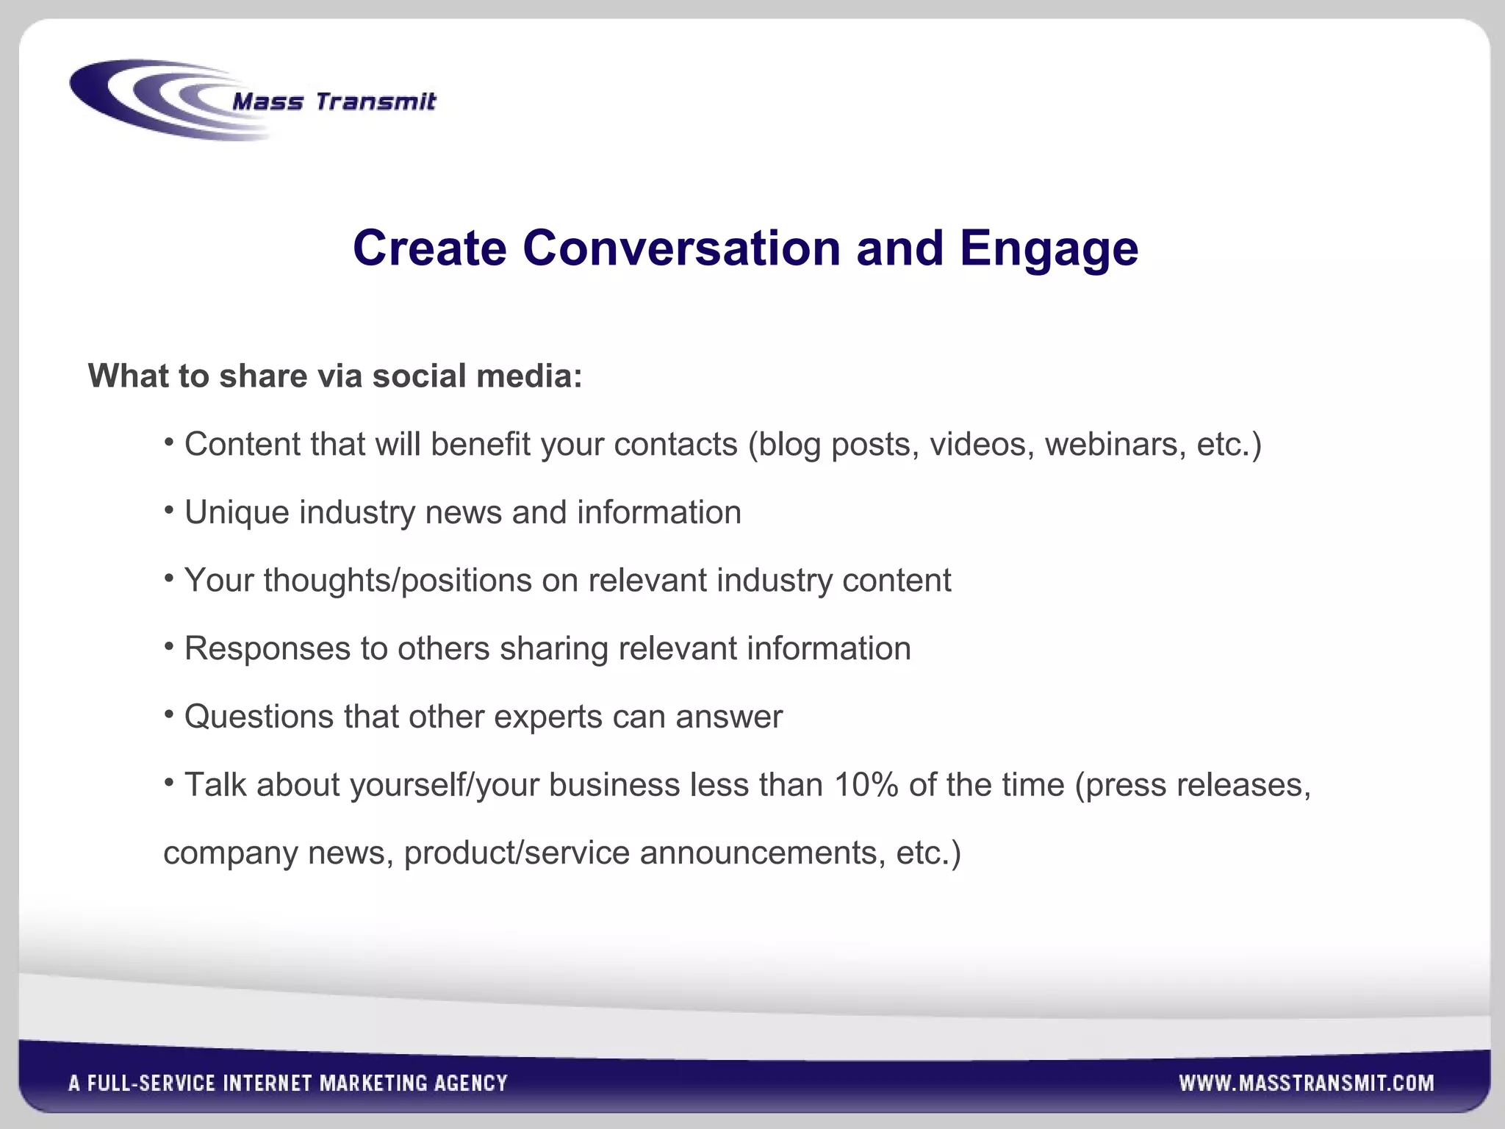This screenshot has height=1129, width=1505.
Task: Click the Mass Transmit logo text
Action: [334, 101]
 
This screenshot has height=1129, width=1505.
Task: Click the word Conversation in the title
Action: [681, 248]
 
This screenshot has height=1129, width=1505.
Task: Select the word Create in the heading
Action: [429, 248]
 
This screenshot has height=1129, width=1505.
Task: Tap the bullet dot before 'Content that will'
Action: [169, 442]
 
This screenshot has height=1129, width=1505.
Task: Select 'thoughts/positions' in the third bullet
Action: [398, 581]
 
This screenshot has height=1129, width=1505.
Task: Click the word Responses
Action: [267, 649]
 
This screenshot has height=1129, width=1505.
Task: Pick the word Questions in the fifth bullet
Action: [259, 717]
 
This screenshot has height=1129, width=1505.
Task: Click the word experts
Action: [548, 717]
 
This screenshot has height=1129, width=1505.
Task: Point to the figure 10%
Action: [866, 785]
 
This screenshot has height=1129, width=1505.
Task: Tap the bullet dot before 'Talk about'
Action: [169, 782]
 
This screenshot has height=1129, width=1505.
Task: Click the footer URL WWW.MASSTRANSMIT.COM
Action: [1306, 1083]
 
